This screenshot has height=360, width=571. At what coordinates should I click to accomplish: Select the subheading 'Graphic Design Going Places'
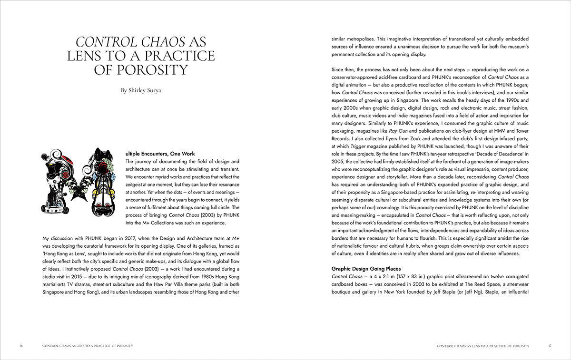click(366, 268)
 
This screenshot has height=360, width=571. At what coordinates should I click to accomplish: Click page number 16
click(21, 346)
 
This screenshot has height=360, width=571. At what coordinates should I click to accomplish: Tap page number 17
click(549, 346)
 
